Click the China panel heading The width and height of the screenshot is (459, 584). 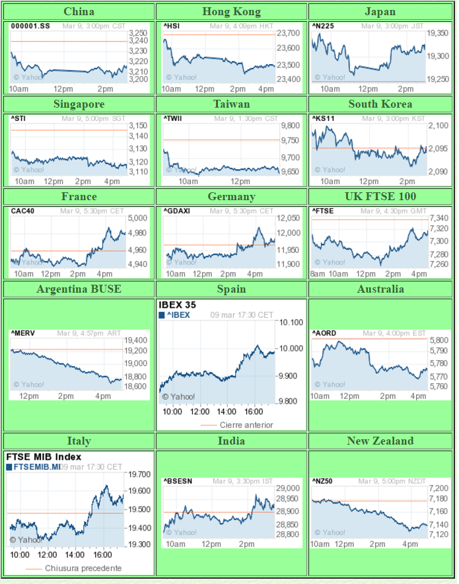(x=79, y=11)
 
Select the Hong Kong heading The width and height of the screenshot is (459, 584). (x=231, y=11)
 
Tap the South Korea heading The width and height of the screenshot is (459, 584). (x=380, y=104)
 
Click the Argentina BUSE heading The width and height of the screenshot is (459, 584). (x=79, y=289)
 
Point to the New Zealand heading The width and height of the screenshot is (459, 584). (x=380, y=441)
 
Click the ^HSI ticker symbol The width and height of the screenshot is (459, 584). (x=171, y=26)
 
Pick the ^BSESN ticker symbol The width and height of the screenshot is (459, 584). (x=176, y=482)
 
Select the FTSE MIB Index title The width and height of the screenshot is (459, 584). (x=44, y=456)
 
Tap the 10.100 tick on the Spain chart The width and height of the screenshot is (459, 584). (x=291, y=322)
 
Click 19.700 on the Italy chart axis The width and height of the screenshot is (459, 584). (x=140, y=474)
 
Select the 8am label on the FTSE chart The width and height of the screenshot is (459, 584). (x=318, y=274)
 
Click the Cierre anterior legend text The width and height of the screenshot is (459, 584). (x=246, y=425)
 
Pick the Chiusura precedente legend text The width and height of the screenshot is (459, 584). (x=83, y=568)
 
